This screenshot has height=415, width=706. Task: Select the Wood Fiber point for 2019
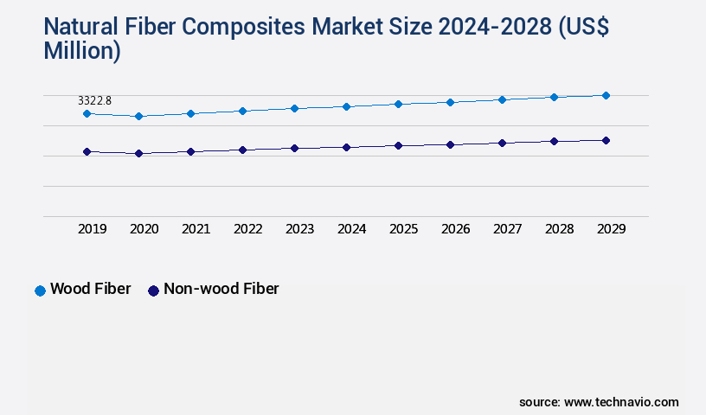[87, 113]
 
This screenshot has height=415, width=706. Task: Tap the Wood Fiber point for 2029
[606, 95]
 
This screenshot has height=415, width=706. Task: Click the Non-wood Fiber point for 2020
[138, 154]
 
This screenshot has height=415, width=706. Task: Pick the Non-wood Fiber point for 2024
[346, 147]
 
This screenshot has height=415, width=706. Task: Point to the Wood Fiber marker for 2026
[450, 102]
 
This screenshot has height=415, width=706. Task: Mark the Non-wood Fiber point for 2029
[606, 140]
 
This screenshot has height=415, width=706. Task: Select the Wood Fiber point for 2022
[242, 111]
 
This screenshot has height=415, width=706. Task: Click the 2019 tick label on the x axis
[93, 229]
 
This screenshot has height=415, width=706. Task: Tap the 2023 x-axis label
[300, 229]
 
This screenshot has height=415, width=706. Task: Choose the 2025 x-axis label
[404, 229]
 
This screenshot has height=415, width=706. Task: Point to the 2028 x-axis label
[560, 229]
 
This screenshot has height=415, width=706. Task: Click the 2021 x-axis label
[196, 229]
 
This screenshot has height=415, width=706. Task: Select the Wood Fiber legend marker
[40, 290]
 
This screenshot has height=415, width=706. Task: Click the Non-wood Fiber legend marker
[153, 290]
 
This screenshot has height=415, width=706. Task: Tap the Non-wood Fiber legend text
[221, 290]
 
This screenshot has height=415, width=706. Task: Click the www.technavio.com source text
[621, 402]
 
